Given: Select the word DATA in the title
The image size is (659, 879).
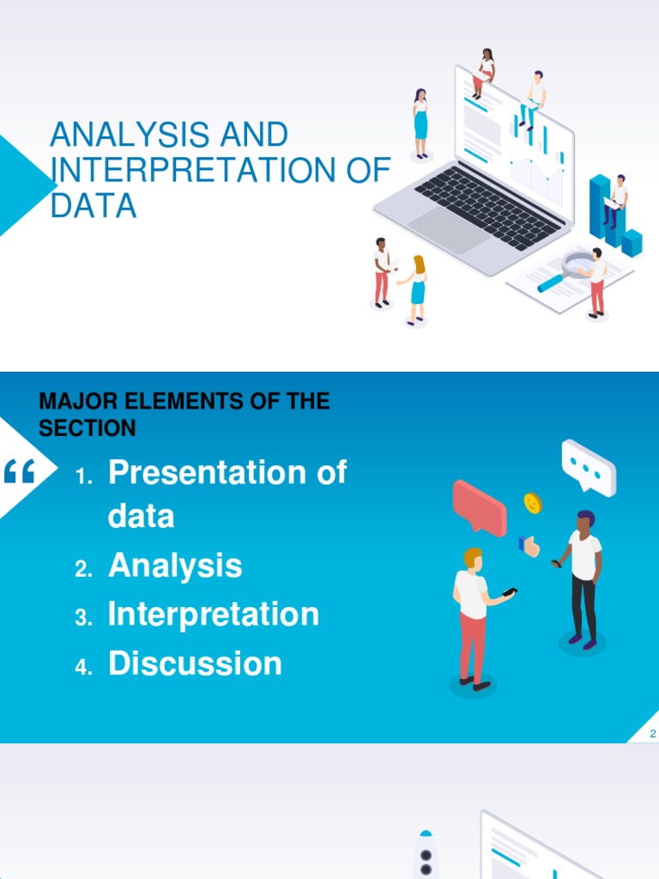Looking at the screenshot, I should pyautogui.click(x=94, y=206).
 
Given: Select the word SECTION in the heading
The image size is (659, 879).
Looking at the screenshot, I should pyautogui.click(x=88, y=427).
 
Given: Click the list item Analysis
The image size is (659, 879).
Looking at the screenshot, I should pyautogui.click(x=175, y=566).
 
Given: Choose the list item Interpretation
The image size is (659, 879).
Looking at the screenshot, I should pyautogui.click(x=214, y=615).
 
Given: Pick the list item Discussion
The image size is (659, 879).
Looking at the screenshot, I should pyautogui.click(x=195, y=664).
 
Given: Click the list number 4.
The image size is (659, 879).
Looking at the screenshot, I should pyautogui.click(x=83, y=669).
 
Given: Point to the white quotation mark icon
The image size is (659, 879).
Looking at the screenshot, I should pyautogui.click(x=20, y=470).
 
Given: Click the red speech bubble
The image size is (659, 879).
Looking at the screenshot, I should pyautogui.click(x=480, y=506).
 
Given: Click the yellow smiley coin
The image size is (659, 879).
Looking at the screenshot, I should pyautogui.click(x=532, y=502).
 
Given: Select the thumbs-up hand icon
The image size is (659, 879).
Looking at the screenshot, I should pyautogui.click(x=529, y=545).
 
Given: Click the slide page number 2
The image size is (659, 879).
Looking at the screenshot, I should pyautogui.click(x=653, y=734).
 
